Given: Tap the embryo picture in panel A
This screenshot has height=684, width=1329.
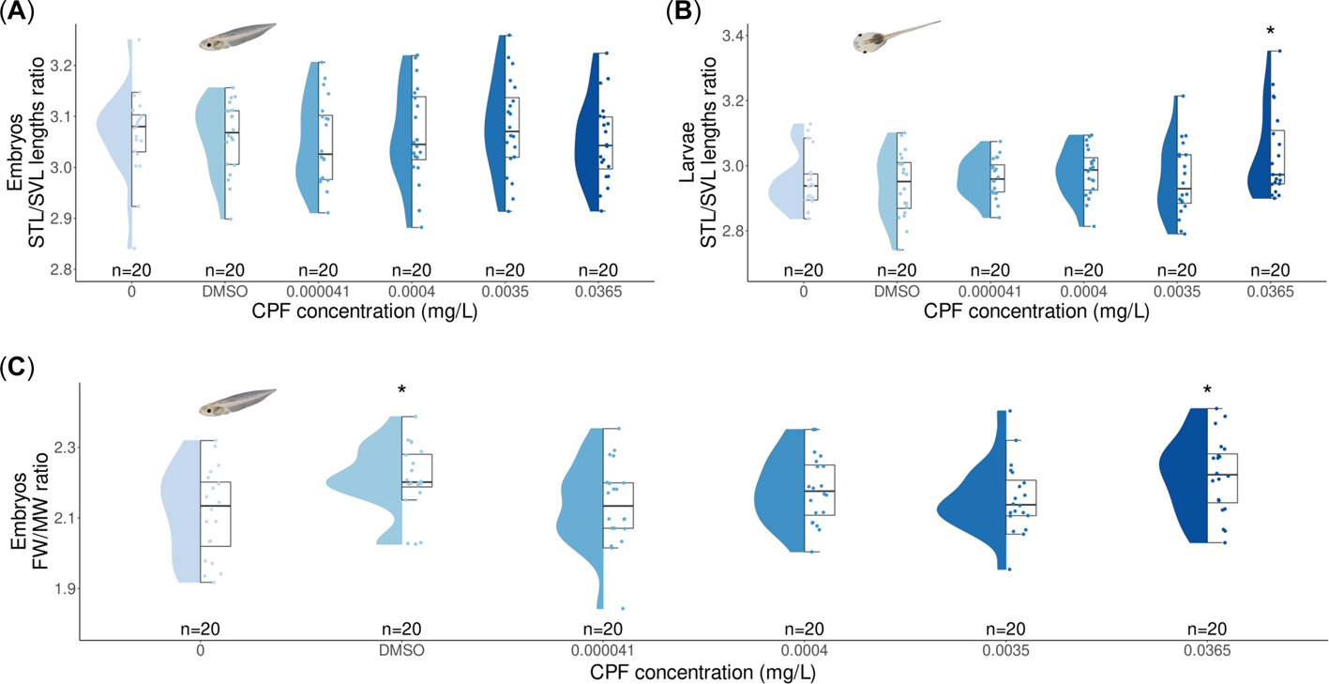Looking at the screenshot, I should [x=236, y=37].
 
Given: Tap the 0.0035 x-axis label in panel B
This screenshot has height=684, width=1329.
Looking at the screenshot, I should [x=1177, y=293].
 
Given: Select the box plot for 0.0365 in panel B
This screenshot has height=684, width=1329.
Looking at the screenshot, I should [x=1277, y=158].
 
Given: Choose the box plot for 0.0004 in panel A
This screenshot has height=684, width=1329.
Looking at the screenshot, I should [x=419, y=128].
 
